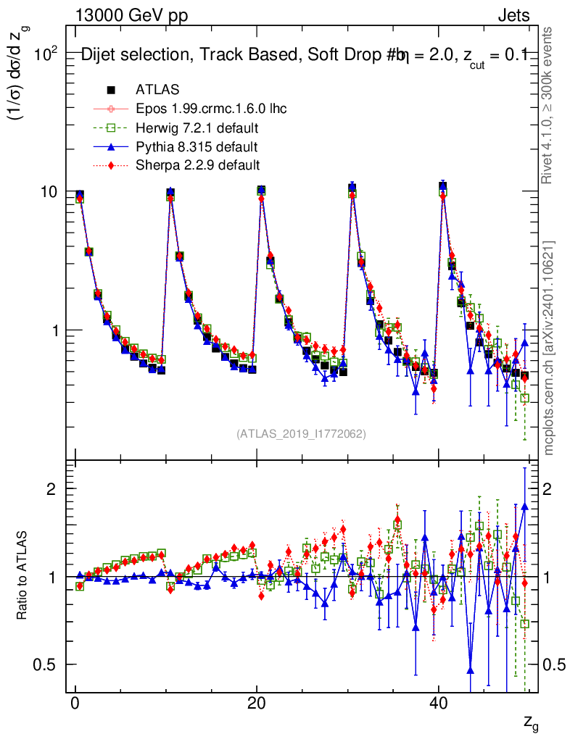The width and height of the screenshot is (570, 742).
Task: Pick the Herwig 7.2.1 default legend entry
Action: [x=197, y=128]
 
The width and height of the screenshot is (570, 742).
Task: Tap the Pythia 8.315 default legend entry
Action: [x=197, y=146]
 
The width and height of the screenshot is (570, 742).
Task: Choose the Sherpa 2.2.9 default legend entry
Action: [x=197, y=165]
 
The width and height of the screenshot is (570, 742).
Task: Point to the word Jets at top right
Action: [x=513, y=15]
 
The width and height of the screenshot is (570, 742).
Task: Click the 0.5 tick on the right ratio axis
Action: [x=554, y=664]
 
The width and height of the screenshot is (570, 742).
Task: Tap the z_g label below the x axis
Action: [x=531, y=721]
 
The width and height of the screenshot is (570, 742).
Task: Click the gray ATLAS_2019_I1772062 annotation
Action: [x=301, y=434]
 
